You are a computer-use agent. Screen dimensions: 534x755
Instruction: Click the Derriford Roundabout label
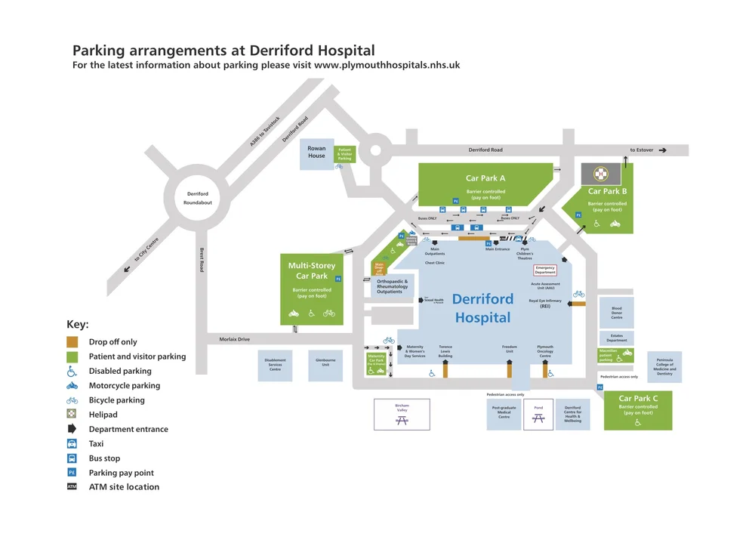tap(198, 199)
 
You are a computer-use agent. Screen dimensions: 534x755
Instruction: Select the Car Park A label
tap(485, 178)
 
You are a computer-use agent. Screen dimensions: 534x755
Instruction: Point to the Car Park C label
tap(638, 398)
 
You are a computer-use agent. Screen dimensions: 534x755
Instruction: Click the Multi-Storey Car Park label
tap(312, 270)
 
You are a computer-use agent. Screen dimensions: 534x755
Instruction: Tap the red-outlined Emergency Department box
tap(545, 270)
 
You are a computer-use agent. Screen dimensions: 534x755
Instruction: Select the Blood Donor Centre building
tap(616, 313)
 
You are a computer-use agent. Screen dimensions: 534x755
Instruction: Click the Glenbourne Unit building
tap(325, 365)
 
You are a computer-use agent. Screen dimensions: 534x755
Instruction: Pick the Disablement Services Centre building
tap(275, 365)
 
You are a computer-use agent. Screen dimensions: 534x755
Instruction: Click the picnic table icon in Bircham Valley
tap(402, 419)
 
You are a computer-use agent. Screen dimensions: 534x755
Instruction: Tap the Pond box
tap(538, 414)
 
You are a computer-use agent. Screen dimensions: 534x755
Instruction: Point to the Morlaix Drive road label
tap(234, 339)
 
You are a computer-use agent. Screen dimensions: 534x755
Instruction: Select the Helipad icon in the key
tap(72, 414)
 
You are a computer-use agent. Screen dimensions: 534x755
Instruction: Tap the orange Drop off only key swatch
tap(72, 341)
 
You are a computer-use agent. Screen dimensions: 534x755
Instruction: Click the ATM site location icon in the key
tap(72, 486)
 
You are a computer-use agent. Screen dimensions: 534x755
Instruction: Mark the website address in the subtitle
tap(387, 66)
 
